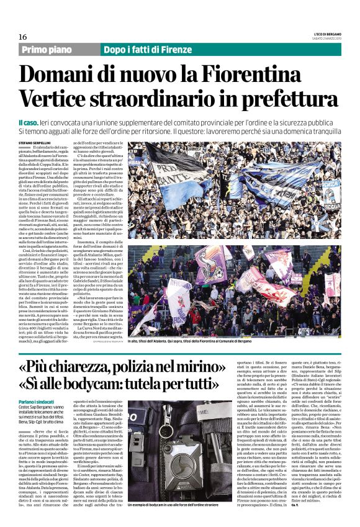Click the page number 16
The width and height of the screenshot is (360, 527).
pos(22,37)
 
